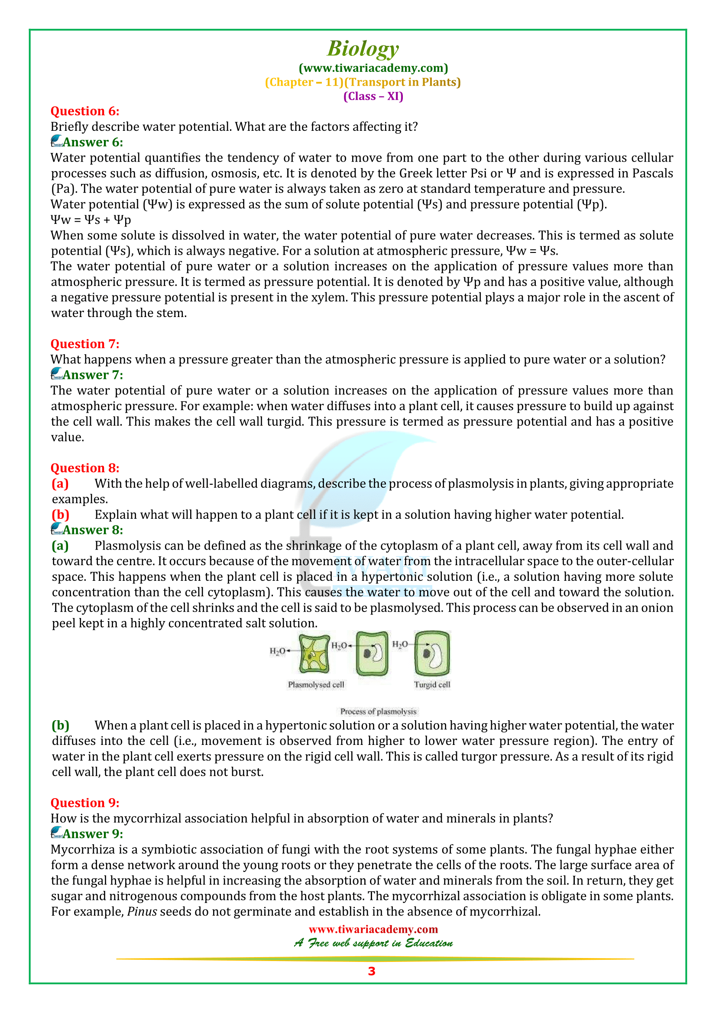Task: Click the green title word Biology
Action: coord(363,49)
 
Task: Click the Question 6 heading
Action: coord(85,111)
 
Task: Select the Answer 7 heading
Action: coord(93,375)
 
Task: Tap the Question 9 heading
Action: coord(85,803)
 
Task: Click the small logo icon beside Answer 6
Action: coord(56,142)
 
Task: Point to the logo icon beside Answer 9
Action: coord(56,833)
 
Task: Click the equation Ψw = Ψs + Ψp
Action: coord(91,220)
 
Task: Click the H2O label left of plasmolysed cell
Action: coord(278,651)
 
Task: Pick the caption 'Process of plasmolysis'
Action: coord(378,711)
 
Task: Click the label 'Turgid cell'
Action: coord(432,685)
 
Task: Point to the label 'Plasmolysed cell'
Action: coord(316,685)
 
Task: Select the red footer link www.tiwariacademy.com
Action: coord(373,929)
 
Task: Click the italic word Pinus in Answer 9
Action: coord(142,912)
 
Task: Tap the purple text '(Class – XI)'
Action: coord(373,96)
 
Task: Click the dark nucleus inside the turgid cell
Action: coord(426,654)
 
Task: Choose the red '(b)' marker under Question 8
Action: coord(61,515)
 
